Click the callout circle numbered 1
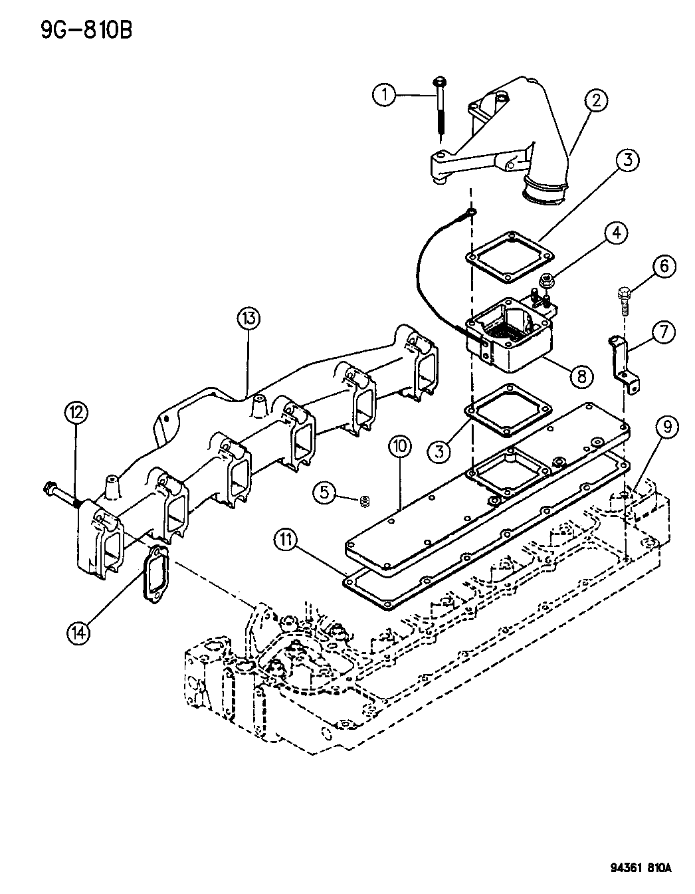pos(385,95)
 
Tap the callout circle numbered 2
pos(596,100)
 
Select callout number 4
pos(616,233)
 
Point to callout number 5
pos(325,493)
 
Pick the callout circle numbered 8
pos(581,375)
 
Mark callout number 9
pos(667,427)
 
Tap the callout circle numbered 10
pos(399,447)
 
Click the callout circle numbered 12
pos(76,412)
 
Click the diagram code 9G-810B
pos(87,30)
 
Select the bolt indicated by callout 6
pos(623,302)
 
